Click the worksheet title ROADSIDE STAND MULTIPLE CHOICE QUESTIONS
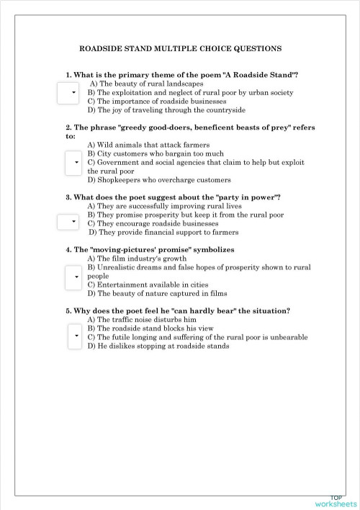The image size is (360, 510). pyautogui.click(x=179, y=49)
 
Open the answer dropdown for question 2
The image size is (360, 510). pyautogui.click(x=73, y=163)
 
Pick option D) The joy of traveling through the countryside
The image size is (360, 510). pyautogui.click(x=166, y=110)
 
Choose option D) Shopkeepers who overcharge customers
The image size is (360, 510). pyautogui.click(x=159, y=180)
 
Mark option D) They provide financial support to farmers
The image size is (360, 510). pyautogui.click(x=163, y=233)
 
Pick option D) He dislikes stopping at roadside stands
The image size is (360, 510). pyautogui.click(x=158, y=346)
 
